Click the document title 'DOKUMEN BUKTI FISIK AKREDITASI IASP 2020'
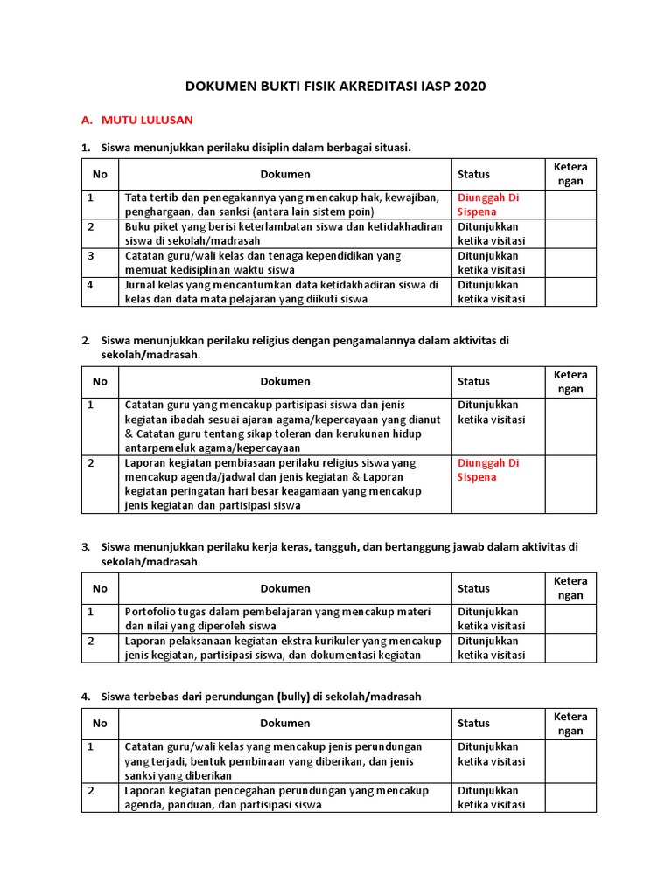click(335, 87)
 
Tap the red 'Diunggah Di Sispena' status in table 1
click(488, 205)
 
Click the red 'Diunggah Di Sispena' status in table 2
click(488, 469)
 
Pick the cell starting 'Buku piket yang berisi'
click(283, 233)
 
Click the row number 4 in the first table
click(91, 284)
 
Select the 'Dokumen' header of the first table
click(285, 174)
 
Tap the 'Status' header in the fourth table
click(473, 723)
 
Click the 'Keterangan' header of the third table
click(570, 588)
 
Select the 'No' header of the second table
click(100, 381)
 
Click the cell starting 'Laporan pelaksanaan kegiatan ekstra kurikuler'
click(283, 648)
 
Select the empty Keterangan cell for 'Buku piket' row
click(570, 233)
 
